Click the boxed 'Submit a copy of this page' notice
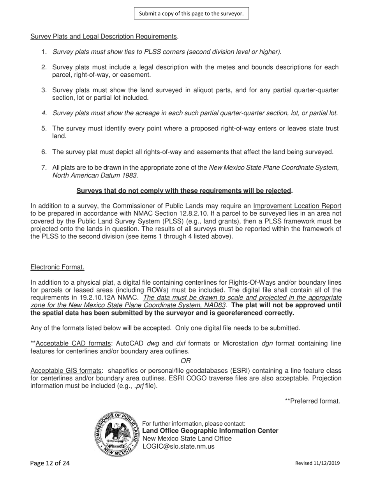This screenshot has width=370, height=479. click(191, 14)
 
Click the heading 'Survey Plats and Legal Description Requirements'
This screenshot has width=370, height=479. click(104, 37)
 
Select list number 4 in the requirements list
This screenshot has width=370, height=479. click(44, 113)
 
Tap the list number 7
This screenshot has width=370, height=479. click(44, 168)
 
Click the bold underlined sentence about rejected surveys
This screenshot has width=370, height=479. click(184, 191)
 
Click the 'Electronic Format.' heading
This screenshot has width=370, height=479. click(57, 267)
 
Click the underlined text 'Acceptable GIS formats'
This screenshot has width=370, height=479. click(66, 371)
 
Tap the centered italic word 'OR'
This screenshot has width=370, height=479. click(186, 361)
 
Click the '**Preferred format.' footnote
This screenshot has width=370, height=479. click(312, 401)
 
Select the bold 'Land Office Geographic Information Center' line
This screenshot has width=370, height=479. click(210, 431)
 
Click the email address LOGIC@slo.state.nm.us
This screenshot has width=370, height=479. click(178, 446)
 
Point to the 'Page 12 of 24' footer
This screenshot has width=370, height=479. click(50, 463)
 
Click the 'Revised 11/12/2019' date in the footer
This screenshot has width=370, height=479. click(317, 463)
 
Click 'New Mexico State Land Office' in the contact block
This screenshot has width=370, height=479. click(187, 438)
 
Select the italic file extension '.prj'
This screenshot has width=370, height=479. click(138, 386)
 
